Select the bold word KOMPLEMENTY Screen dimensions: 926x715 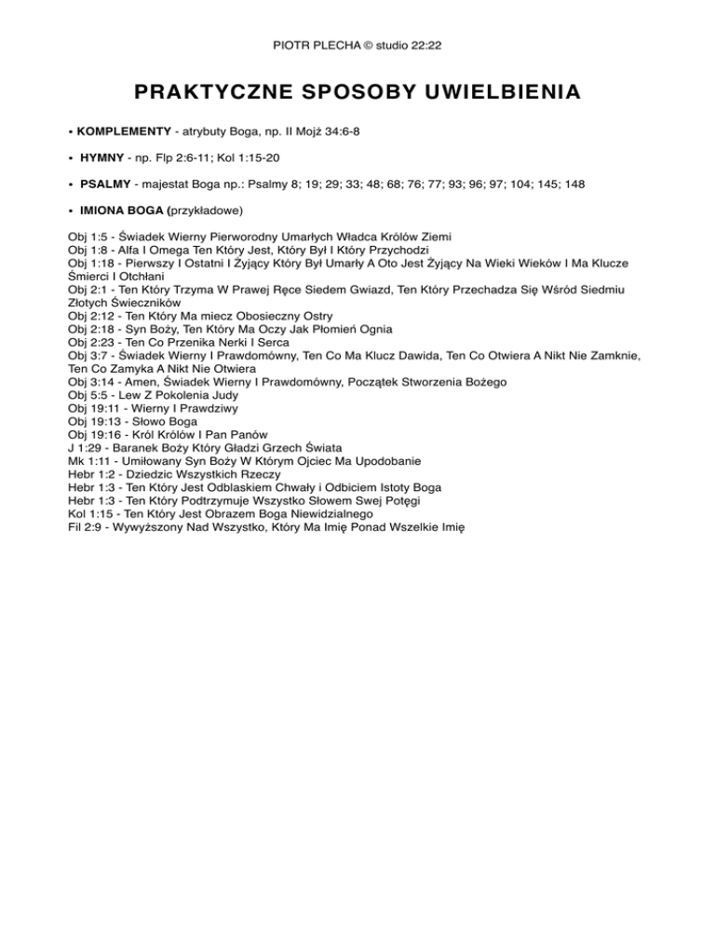[124, 132]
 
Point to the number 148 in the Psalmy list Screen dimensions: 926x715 [573, 184]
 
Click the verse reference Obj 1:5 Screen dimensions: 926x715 [88, 238]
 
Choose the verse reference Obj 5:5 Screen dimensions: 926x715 [88, 395]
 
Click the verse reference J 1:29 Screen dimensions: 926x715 [86, 447]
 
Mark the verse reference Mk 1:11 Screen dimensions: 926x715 [89, 460]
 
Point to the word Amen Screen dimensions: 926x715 [141, 382]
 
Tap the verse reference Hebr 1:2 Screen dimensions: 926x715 [93, 473]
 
